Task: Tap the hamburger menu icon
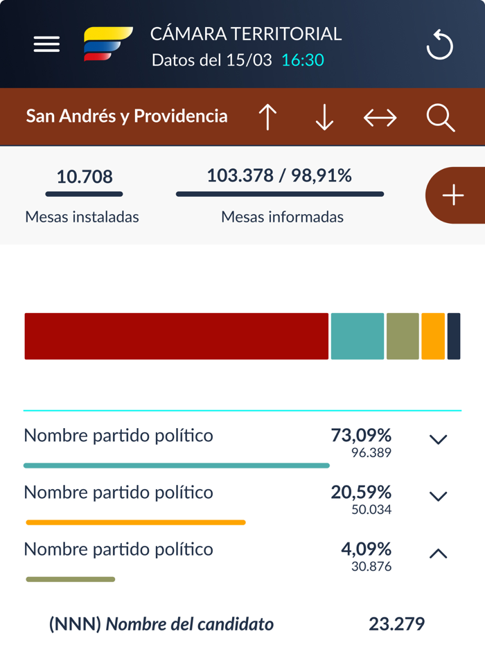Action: tap(46, 44)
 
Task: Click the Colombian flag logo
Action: tap(107, 44)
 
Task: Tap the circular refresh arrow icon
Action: tap(439, 46)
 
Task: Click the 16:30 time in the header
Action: tap(303, 60)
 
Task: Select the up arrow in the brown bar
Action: tap(267, 117)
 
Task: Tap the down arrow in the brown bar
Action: tap(324, 117)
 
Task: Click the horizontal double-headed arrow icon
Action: tap(380, 118)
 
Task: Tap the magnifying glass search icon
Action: tap(440, 118)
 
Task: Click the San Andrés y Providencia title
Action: tap(127, 116)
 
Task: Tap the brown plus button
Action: tap(454, 195)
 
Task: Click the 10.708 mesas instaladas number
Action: tap(85, 177)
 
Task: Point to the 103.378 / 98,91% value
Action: tap(279, 176)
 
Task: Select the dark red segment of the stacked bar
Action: tap(176, 337)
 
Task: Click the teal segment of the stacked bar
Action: tap(357, 337)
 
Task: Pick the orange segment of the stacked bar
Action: tap(433, 337)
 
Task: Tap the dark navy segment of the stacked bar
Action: tap(454, 337)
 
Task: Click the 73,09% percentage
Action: tap(361, 436)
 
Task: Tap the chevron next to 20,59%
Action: tap(438, 496)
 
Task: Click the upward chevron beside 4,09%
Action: tap(438, 553)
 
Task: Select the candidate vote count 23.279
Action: tap(396, 624)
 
